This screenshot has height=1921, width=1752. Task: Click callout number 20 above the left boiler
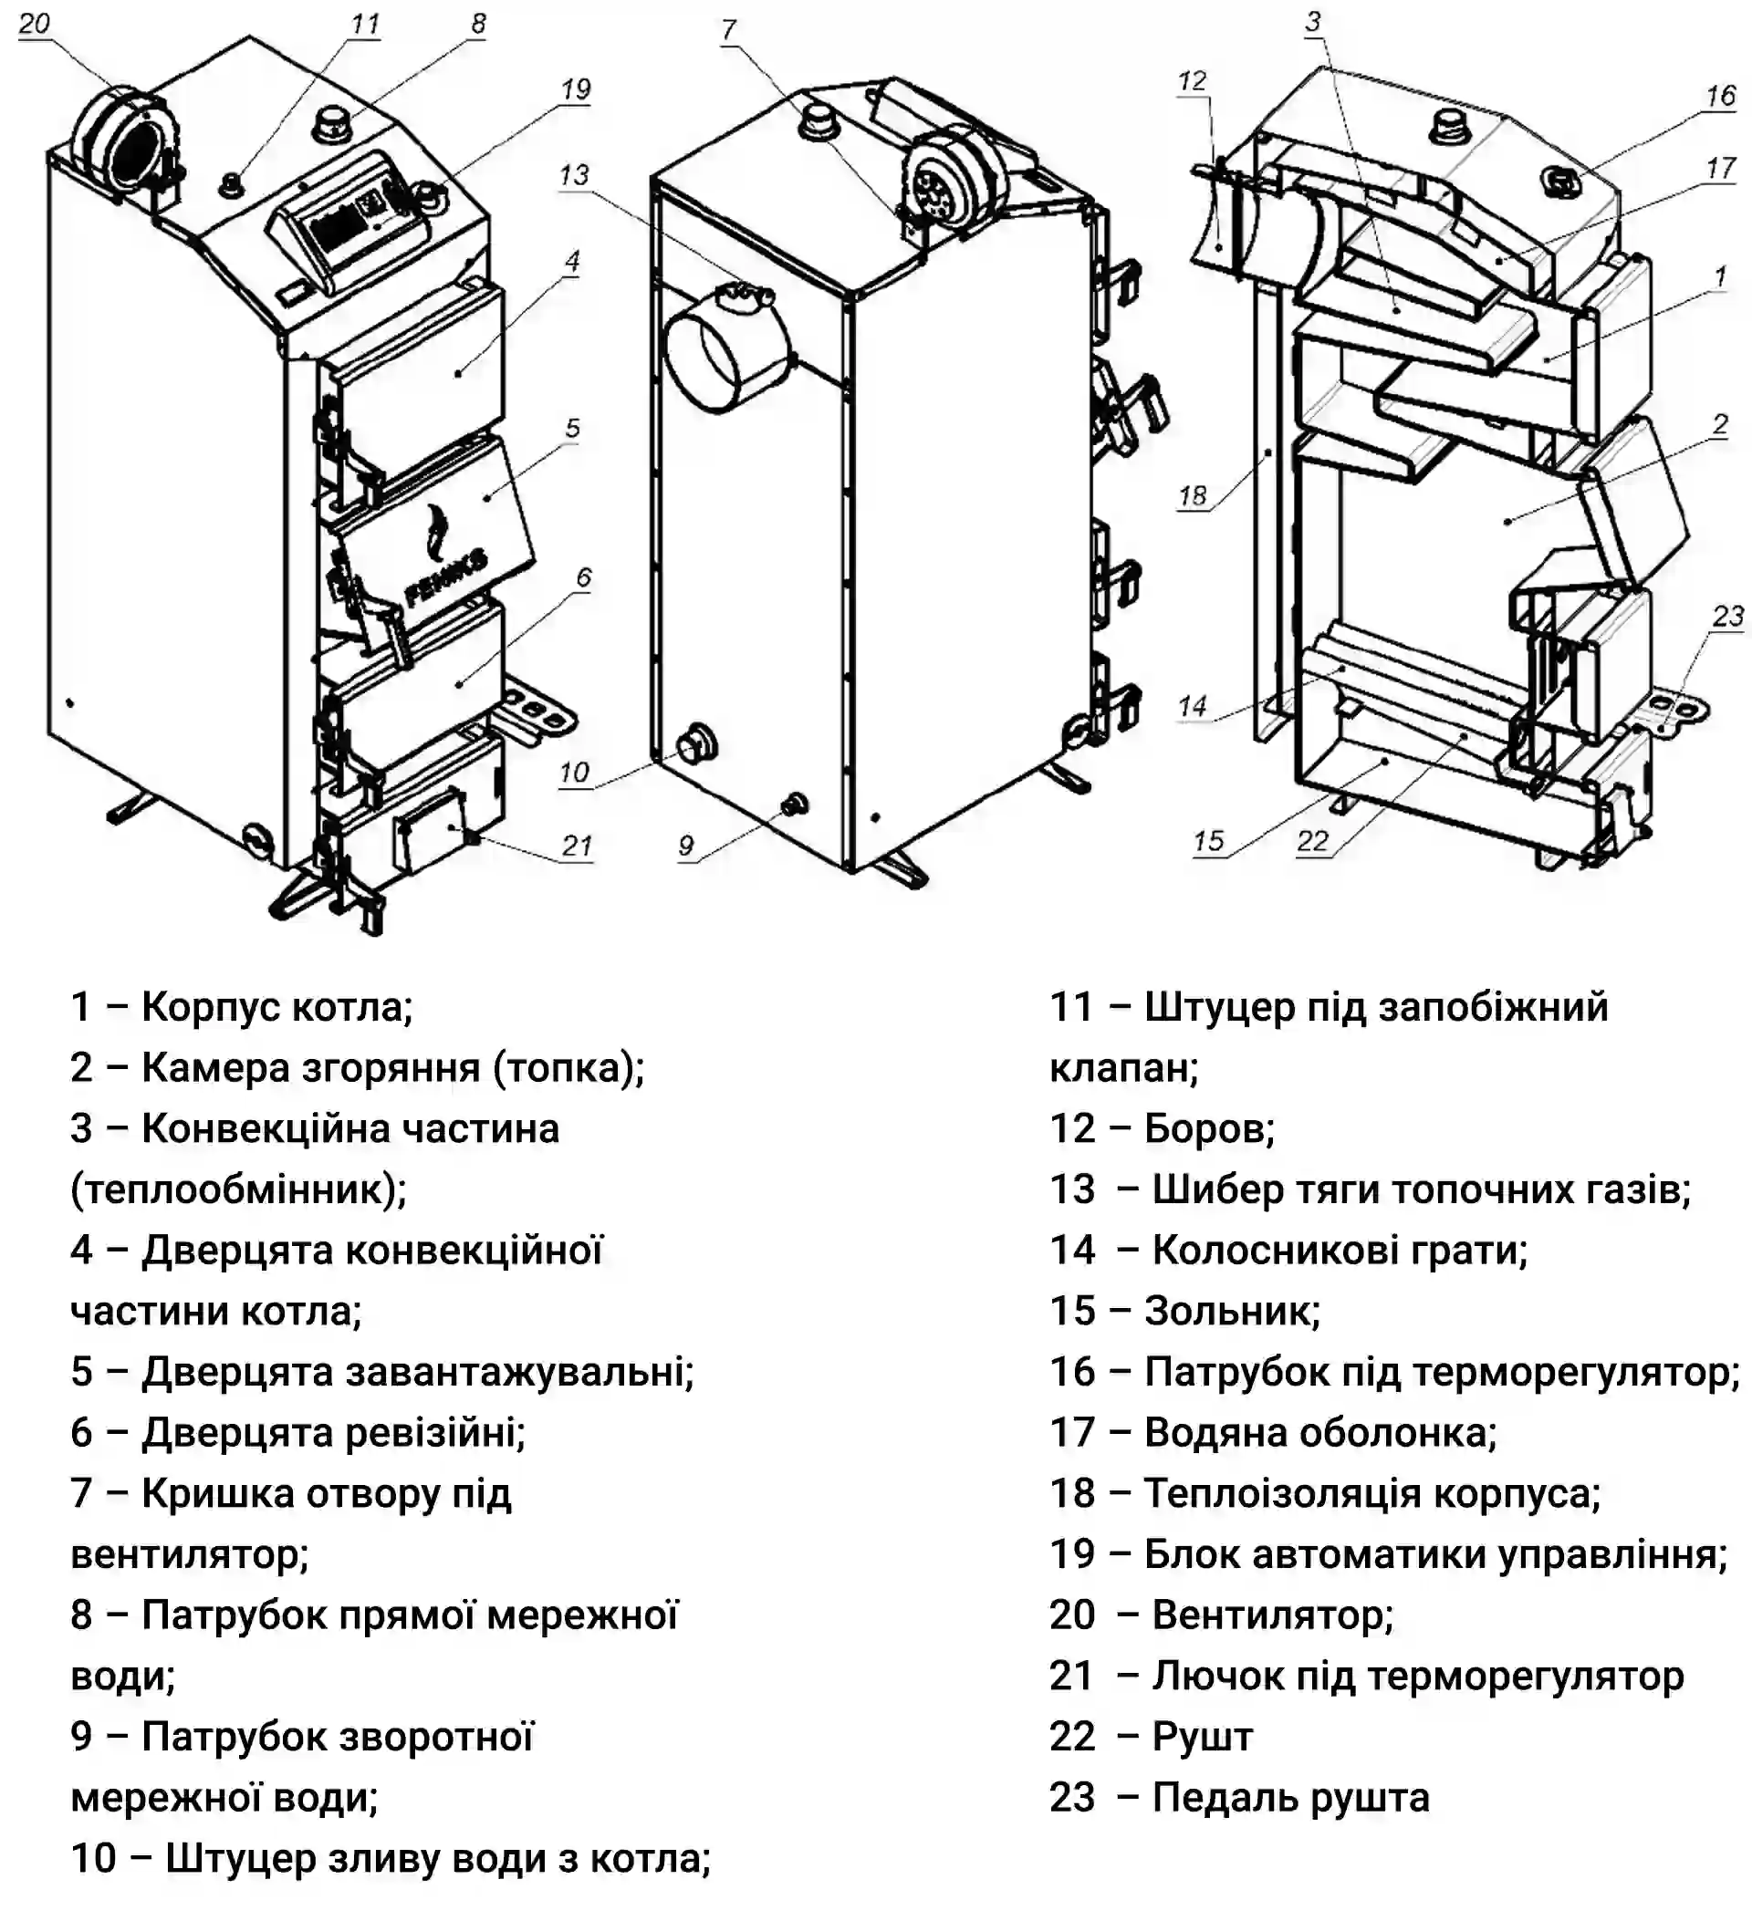[x=35, y=23]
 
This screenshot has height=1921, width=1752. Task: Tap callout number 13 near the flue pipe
[x=574, y=175]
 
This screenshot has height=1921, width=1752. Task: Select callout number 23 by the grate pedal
[x=1727, y=617]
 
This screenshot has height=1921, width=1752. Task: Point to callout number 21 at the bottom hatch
[x=577, y=846]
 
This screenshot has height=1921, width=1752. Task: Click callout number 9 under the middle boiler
[x=686, y=846]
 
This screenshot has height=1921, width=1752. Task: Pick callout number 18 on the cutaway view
[x=1193, y=495]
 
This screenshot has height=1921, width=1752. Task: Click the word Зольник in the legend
[x=1232, y=1311]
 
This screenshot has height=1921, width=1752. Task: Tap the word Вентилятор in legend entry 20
[x=1273, y=1615]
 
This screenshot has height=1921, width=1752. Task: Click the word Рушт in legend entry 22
[x=1202, y=1737]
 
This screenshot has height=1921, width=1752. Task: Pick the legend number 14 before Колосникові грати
[x=1072, y=1251]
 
